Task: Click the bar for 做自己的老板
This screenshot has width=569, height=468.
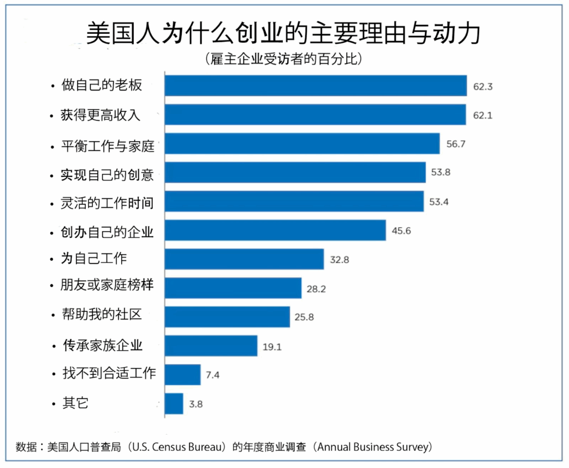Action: click(x=316, y=86)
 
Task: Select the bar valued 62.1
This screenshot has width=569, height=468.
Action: click(x=316, y=114)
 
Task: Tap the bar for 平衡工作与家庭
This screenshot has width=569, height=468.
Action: click(x=302, y=143)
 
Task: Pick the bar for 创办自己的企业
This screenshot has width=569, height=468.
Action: click(x=276, y=230)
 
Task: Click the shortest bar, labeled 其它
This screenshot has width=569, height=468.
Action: click(x=174, y=404)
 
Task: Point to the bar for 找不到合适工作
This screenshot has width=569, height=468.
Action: click(x=183, y=375)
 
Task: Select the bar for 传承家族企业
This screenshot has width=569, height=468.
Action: click(x=211, y=346)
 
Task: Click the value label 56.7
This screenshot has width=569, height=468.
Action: click(x=456, y=143)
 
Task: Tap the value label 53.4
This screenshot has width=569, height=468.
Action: click(x=439, y=201)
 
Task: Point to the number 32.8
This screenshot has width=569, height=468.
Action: click(x=339, y=259)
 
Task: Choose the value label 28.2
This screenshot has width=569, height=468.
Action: click(x=317, y=288)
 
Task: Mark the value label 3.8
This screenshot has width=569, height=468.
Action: click(x=196, y=404)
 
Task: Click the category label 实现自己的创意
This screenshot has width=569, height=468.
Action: click(x=107, y=175)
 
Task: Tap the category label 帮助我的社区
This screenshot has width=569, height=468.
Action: click(x=102, y=315)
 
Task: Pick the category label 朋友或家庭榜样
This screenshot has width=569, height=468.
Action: click(x=107, y=286)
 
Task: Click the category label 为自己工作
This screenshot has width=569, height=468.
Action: click(x=93, y=259)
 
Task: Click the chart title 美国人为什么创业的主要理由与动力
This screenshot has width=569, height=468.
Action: click(x=283, y=33)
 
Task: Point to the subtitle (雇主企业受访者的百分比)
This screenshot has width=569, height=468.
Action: click(x=283, y=58)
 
